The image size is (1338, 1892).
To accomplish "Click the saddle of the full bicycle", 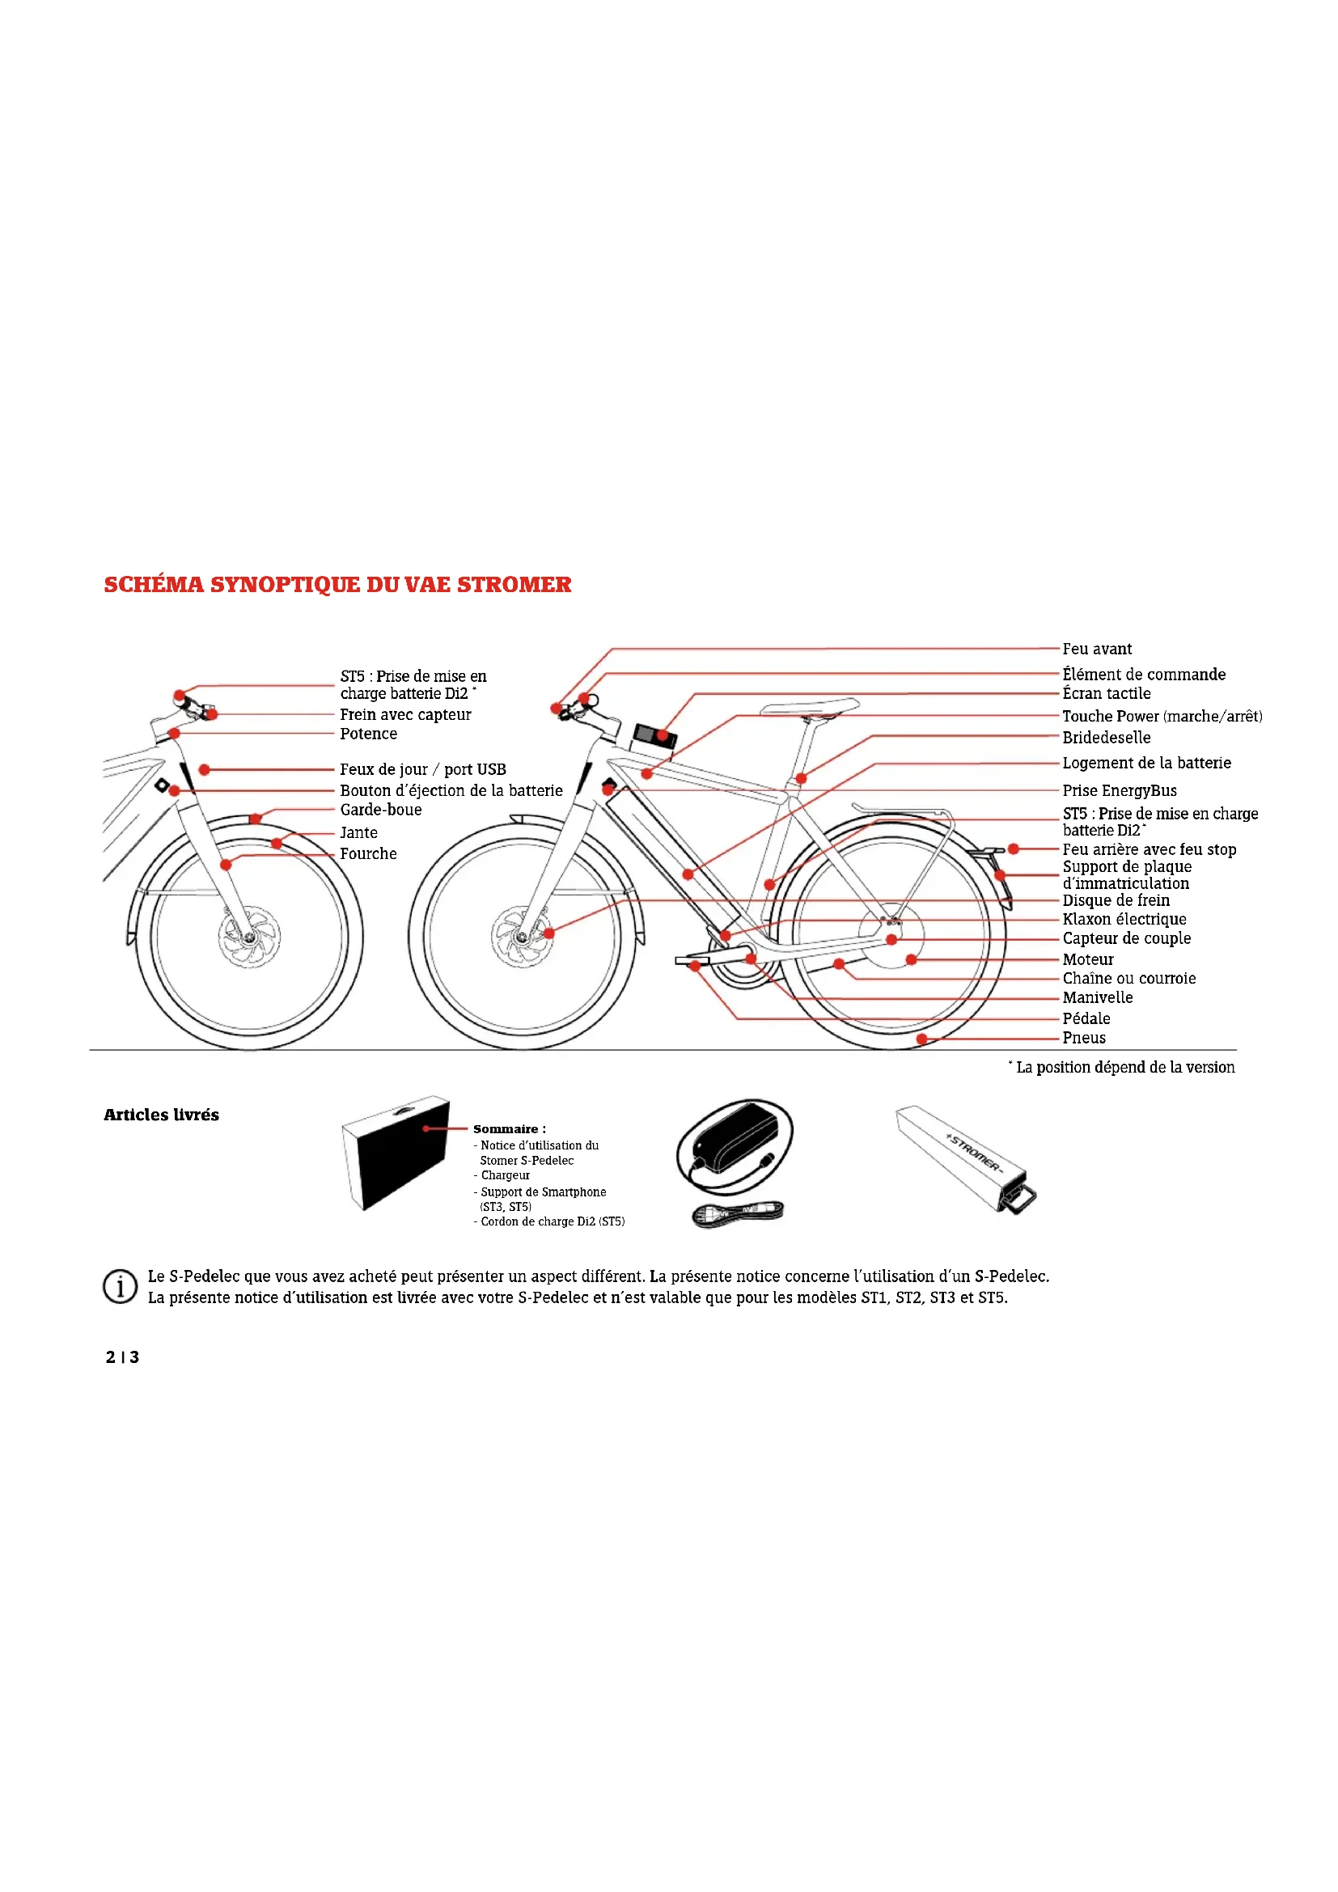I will (x=809, y=707).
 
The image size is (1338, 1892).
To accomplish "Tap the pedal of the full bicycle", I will (x=691, y=961).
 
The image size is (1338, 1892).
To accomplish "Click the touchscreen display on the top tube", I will (x=654, y=735).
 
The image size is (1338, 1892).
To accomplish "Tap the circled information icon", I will (x=120, y=1285).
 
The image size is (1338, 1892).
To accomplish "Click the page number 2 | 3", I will (x=122, y=1357).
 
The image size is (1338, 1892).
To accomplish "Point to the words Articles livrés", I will (x=162, y=1115).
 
